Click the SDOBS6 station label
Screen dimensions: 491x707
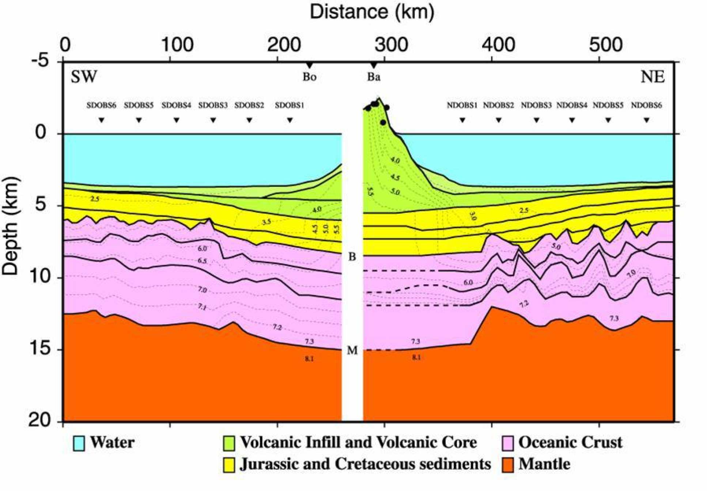(x=101, y=105)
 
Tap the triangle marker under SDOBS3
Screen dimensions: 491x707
(x=213, y=120)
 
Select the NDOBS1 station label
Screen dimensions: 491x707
(x=462, y=105)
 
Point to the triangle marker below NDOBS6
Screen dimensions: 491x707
(x=646, y=120)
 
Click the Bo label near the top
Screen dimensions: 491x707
(x=309, y=77)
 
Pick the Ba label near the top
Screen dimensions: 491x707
(x=374, y=77)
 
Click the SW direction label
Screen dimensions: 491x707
(x=84, y=77)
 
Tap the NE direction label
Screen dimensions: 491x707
(x=653, y=77)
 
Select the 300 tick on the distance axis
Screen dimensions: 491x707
(x=391, y=45)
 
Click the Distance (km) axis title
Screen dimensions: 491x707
(x=372, y=12)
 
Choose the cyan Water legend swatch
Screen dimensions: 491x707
(x=79, y=443)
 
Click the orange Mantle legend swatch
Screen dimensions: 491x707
(x=507, y=465)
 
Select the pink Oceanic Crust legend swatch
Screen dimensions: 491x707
(x=507, y=443)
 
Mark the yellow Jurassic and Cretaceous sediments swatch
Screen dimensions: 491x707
(x=229, y=465)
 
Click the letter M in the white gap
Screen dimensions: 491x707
(x=352, y=351)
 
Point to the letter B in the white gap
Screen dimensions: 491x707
(x=352, y=257)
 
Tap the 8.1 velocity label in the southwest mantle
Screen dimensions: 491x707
(x=309, y=359)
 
